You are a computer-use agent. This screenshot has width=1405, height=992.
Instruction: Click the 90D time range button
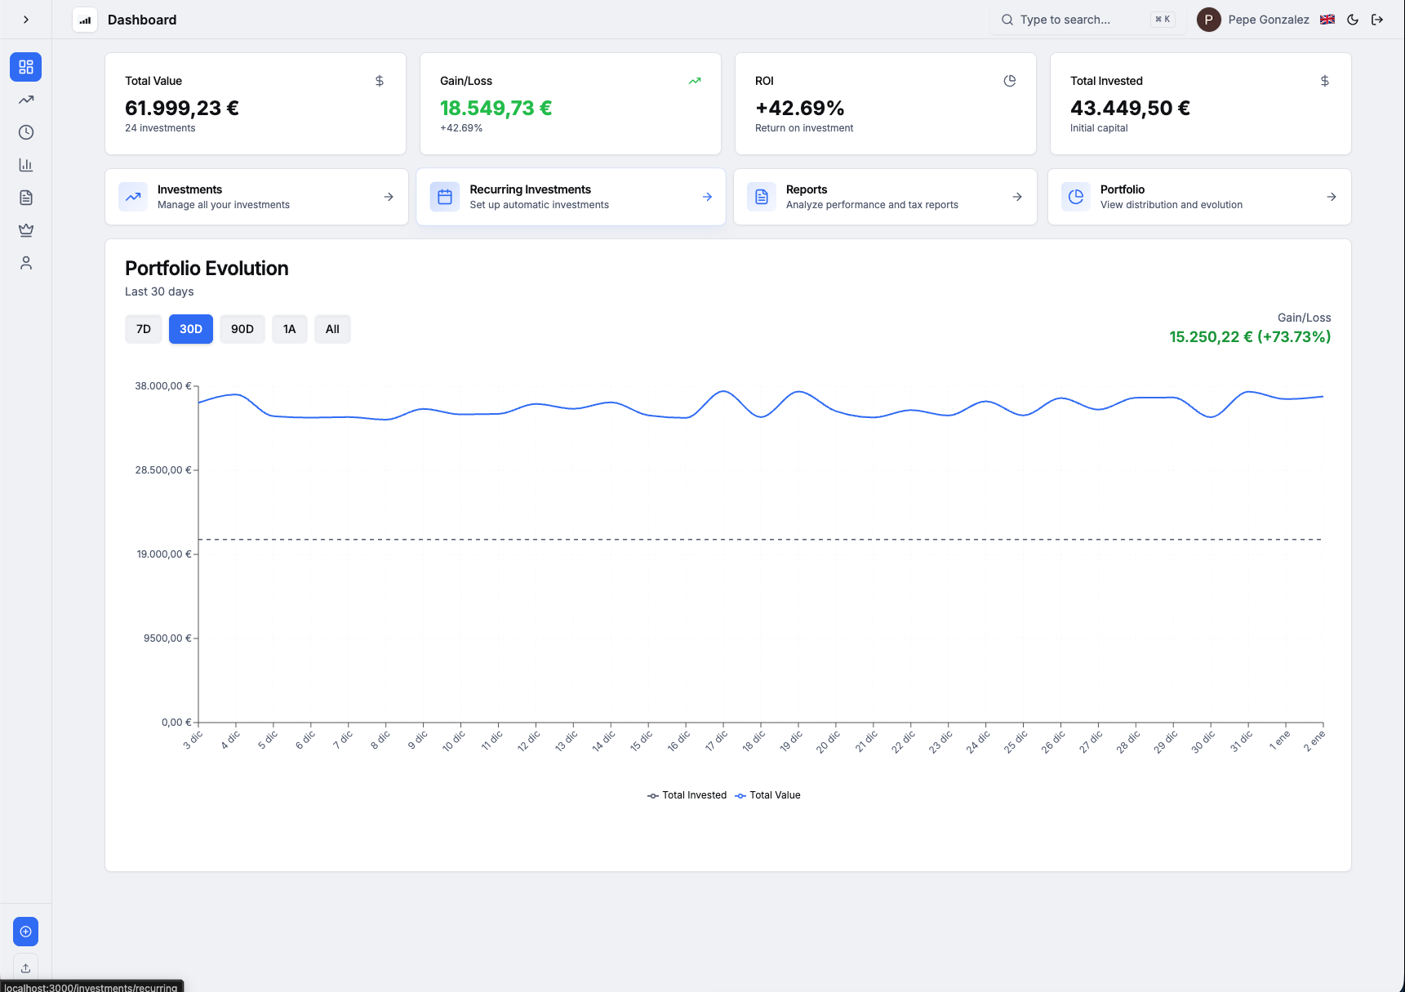coord(242,329)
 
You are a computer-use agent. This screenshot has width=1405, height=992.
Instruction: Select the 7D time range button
coord(144,329)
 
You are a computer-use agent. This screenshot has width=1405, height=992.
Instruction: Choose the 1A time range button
coord(289,329)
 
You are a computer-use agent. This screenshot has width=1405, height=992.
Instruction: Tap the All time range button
coord(332,329)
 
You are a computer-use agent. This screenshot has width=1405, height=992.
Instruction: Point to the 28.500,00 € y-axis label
coord(163,470)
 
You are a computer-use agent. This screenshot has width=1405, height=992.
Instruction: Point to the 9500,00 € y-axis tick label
coord(167,638)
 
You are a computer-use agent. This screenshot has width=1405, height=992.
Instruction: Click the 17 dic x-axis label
coord(717,741)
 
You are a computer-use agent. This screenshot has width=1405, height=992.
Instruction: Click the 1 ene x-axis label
coord(1280,741)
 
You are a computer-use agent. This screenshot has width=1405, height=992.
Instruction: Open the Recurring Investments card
coord(570,197)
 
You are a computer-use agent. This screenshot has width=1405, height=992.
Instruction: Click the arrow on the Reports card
coord(1017,197)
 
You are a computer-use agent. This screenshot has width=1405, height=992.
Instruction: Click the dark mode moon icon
coord(1353,20)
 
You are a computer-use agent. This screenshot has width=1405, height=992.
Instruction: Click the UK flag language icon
coord(1327,20)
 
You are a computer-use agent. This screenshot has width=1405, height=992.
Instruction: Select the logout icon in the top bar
coord(1377,20)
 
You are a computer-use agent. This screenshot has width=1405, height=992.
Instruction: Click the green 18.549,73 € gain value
coord(496,108)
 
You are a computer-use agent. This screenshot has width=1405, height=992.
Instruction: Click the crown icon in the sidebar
coord(26,230)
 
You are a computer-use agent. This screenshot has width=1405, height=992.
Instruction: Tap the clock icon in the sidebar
coord(26,132)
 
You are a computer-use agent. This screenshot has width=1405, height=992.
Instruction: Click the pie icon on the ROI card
coord(1010,81)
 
